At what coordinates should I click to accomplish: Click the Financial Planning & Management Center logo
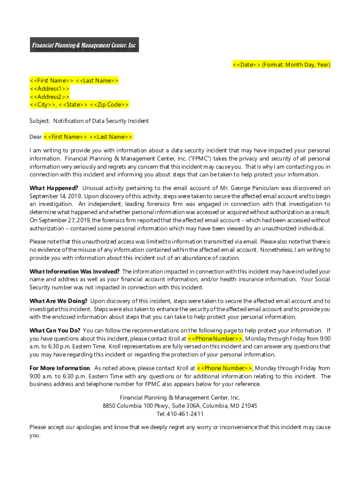point(84,45)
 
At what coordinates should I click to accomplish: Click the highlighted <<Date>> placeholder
point(246,65)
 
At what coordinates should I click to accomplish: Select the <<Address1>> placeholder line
point(50,88)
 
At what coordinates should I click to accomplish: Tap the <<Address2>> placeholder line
point(50,96)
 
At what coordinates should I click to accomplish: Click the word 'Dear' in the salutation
point(36,137)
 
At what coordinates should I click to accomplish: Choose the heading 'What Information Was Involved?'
point(74,271)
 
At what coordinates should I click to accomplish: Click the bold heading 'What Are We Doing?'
point(58,301)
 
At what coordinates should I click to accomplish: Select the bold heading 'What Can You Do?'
point(55,331)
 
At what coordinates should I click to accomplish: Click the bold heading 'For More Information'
point(60,368)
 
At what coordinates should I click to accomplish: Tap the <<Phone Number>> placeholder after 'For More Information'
point(224,368)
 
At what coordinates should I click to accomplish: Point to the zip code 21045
point(249,406)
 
